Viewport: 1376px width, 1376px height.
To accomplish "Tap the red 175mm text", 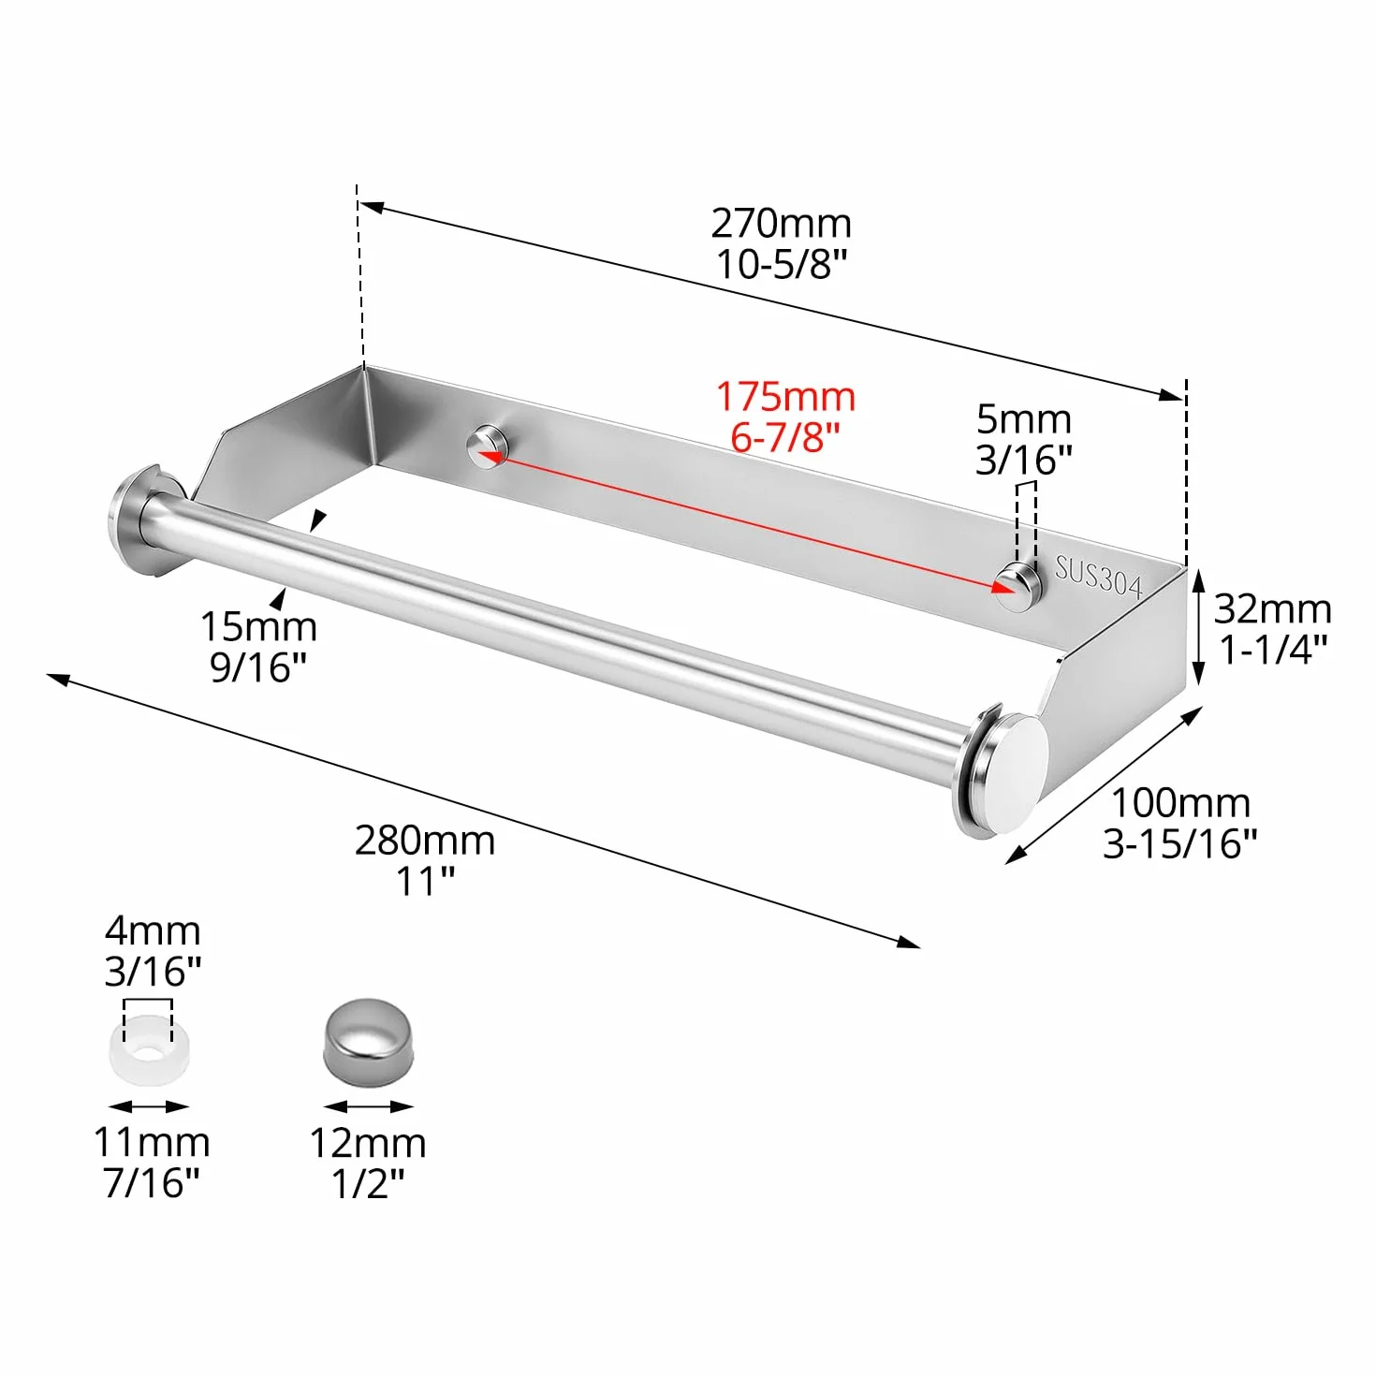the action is pos(785,396).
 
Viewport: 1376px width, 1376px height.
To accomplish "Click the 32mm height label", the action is pos(1272,609).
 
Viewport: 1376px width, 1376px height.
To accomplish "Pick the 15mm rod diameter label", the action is pos(258,626).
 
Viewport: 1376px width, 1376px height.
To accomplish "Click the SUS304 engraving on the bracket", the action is pos(1099,577).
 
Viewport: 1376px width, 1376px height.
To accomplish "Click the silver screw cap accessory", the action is pos(368,1039).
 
